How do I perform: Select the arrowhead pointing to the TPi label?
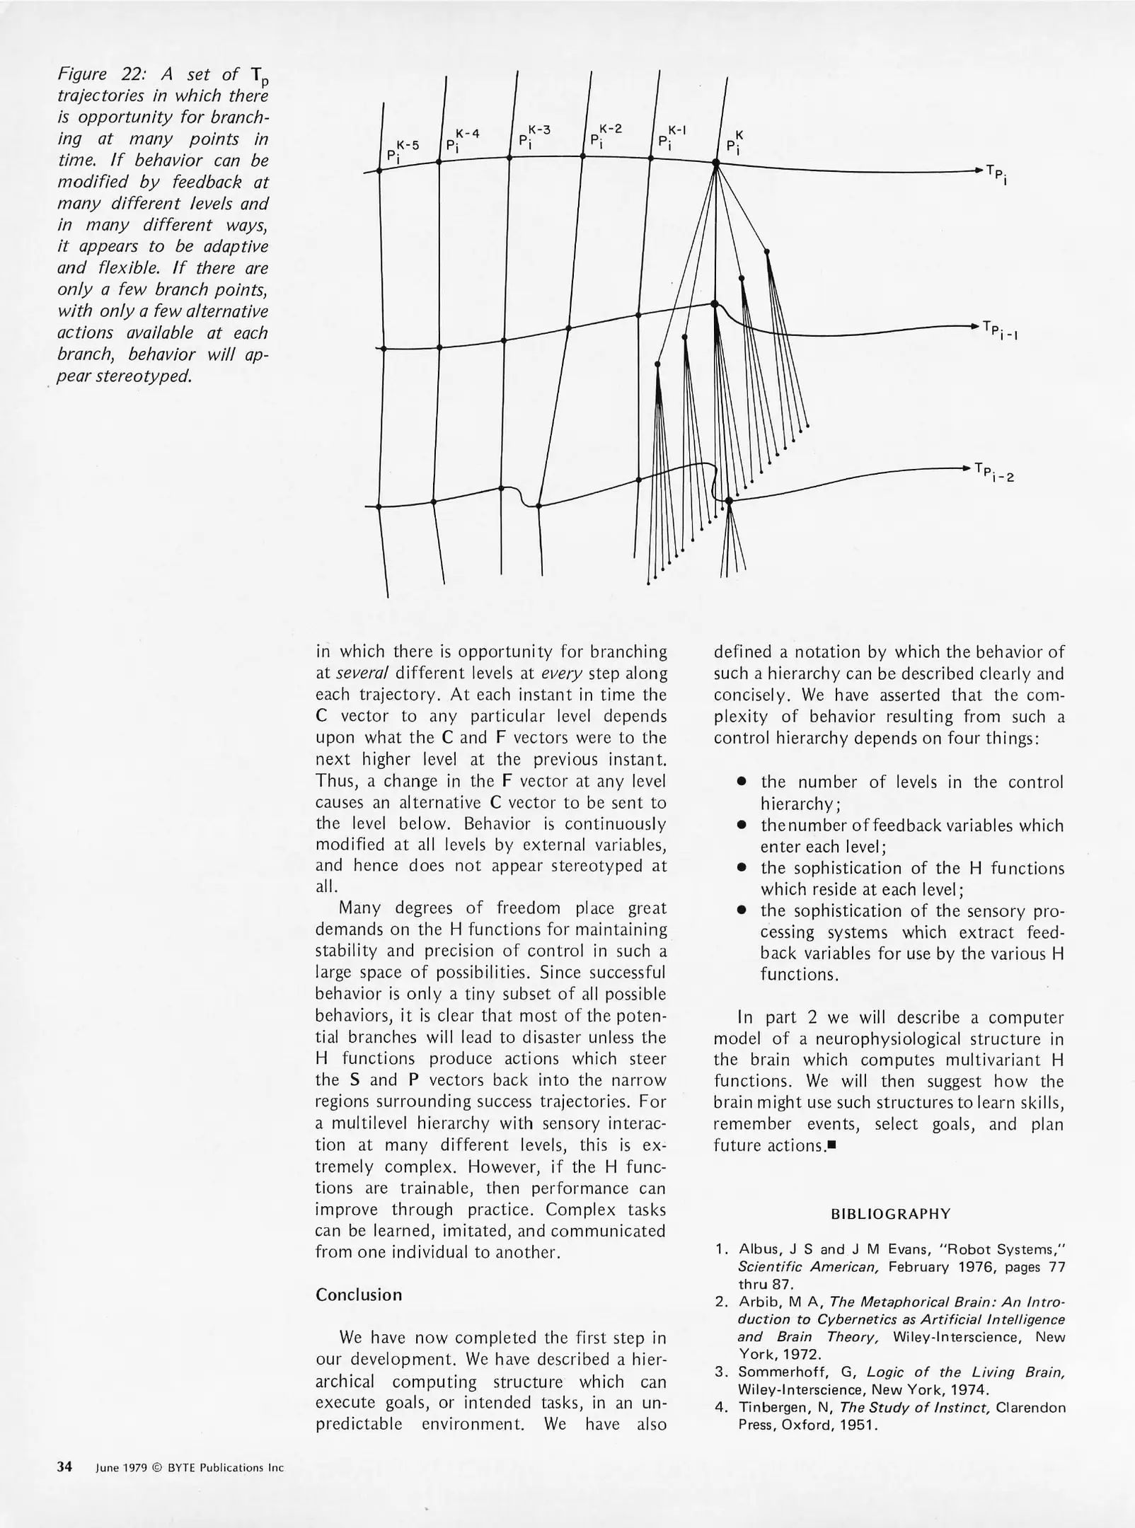coord(979,170)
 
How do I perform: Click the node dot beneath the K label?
coord(715,163)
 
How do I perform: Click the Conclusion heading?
coord(358,1295)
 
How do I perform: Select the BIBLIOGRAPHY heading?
coord(890,1214)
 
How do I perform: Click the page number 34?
coord(64,1467)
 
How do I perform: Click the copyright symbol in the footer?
coord(157,1468)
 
